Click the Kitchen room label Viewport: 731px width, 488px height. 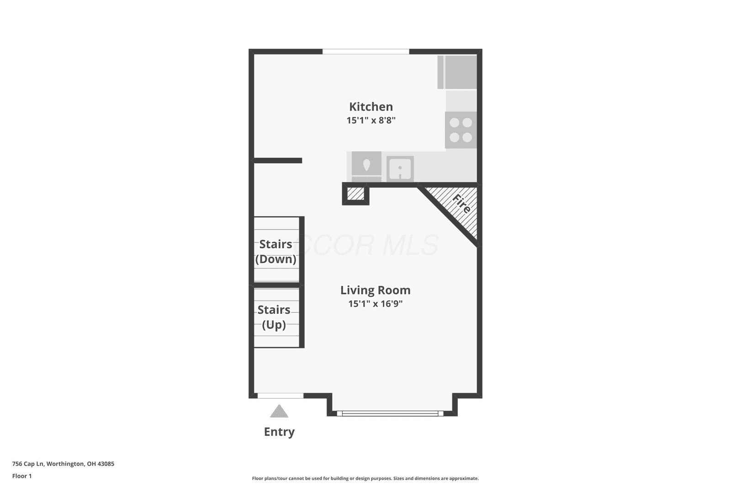[x=371, y=107]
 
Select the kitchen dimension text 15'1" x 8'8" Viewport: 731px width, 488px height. [x=371, y=120]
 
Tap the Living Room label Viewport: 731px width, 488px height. [x=375, y=290]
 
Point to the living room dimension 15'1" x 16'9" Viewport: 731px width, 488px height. [x=375, y=304]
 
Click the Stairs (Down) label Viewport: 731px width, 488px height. [x=276, y=252]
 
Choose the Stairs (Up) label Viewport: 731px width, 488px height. [x=274, y=317]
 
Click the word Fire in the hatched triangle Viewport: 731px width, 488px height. [x=461, y=204]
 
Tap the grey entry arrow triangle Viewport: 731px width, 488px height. [x=279, y=412]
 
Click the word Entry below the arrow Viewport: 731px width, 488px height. [x=279, y=432]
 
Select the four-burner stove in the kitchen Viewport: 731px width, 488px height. [x=461, y=130]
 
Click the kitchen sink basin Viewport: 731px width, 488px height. [x=400, y=169]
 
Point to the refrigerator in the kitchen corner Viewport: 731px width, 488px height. [x=457, y=72]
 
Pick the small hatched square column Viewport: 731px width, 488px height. [x=355, y=194]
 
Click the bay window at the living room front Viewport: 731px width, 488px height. [x=390, y=413]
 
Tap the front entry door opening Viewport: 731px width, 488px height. [x=281, y=396]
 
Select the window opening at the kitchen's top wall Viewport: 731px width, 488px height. [x=366, y=52]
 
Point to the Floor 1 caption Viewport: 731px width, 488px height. [x=22, y=476]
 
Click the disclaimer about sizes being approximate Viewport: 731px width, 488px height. [x=365, y=478]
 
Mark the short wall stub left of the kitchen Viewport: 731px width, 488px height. [x=278, y=161]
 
